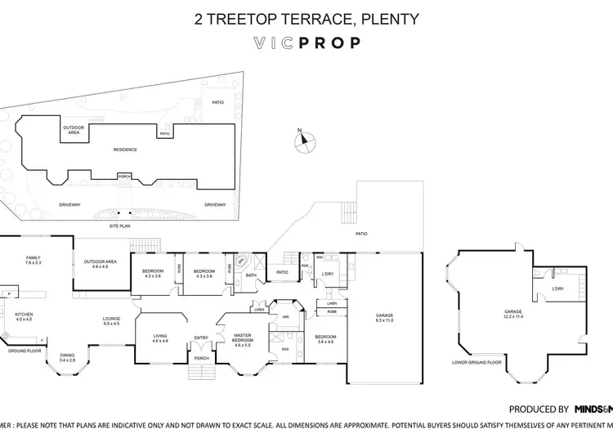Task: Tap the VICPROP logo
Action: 306,42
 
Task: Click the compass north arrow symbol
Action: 303,141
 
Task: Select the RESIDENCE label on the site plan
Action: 125,150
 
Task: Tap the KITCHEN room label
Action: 24,316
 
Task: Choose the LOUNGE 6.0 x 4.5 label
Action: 111,321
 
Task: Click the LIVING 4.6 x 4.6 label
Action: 160,337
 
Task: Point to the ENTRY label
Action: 200,337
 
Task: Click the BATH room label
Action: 252,275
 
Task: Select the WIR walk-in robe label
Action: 285,316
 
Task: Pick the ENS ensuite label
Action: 284,351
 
